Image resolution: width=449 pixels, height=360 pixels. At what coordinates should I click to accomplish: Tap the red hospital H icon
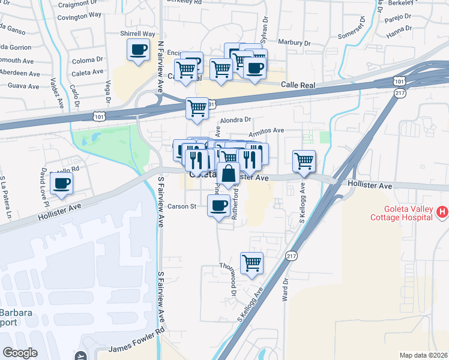(442, 211)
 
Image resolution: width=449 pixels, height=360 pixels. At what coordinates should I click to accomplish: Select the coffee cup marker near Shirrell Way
(138, 50)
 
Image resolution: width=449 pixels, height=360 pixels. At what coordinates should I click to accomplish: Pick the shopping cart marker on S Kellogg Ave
(304, 161)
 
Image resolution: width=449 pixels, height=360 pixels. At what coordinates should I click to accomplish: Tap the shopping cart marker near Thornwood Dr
(252, 263)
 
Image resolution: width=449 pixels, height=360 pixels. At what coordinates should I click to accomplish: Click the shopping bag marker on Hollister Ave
(228, 175)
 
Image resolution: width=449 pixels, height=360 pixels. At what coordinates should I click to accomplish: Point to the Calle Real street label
(298, 86)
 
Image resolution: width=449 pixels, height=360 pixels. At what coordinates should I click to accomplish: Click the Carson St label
(182, 206)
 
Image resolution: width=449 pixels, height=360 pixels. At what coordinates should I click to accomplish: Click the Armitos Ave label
(266, 130)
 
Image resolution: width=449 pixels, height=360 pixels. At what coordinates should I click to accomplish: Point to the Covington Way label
(79, 15)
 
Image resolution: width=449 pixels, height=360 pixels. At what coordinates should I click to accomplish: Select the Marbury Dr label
(295, 43)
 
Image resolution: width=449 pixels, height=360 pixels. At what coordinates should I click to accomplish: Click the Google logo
(20, 352)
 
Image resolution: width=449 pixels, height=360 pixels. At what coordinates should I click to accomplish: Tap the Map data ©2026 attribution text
(423, 355)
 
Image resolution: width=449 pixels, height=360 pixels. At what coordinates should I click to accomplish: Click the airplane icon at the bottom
(80, 356)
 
